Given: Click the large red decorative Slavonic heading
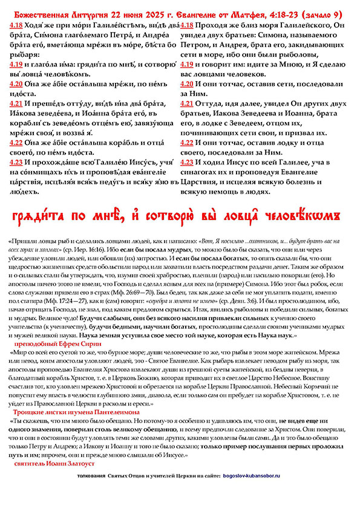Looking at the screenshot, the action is (180, 216).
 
